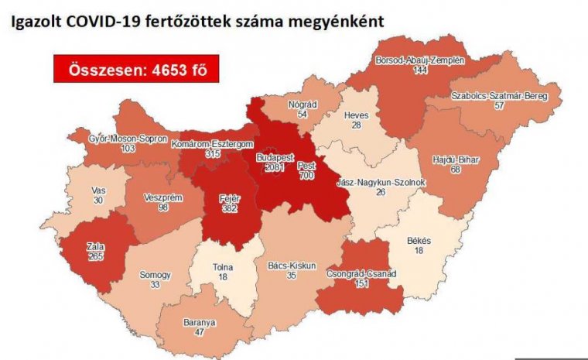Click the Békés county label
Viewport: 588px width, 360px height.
[419, 242]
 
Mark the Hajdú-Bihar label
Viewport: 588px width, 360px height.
[454, 159]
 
